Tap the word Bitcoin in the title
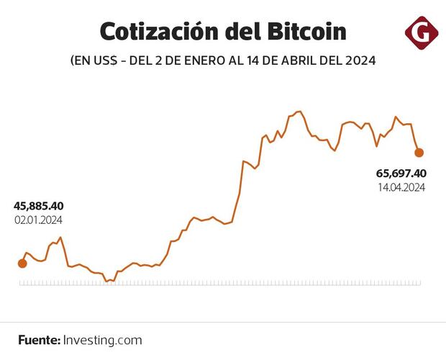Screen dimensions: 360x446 click(305, 32)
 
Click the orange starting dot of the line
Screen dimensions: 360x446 click(22, 264)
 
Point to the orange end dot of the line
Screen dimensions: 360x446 click(419, 152)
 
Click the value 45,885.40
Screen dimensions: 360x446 click(39, 207)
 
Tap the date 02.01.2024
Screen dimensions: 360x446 click(39, 220)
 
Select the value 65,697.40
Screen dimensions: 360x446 click(401, 174)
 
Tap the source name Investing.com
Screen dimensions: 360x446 click(103, 340)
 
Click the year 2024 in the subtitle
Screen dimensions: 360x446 click(361, 62)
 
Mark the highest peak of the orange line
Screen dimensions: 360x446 click(298, 112)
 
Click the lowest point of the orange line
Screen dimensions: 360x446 click(106, 282)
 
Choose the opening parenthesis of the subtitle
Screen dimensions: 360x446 click(73, 62)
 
